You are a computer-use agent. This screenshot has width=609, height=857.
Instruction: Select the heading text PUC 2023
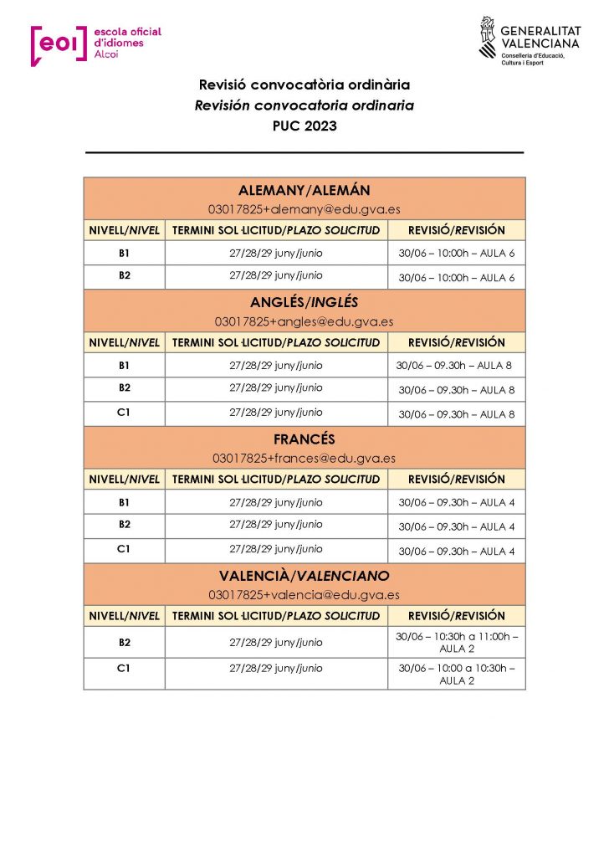point(304,126)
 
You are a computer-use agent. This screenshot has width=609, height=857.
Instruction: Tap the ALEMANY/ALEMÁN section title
point(304,191)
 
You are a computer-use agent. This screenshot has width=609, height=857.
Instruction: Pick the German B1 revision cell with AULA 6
point(457,254)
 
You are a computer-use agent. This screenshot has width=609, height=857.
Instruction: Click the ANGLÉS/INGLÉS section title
point(304,304)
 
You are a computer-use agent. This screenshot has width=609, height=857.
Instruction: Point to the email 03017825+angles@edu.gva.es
point(304,321)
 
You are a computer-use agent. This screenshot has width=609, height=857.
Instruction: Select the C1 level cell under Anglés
point(124,413)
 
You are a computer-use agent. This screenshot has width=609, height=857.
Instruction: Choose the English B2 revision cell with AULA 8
point(457,390)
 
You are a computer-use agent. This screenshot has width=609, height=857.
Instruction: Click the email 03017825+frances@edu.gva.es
point(304,458)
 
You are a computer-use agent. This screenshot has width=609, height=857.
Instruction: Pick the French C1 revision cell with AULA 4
point(457,552)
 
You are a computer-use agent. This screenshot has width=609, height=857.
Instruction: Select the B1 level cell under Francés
point(124,502)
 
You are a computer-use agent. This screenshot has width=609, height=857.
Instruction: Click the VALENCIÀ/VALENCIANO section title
point(304,577)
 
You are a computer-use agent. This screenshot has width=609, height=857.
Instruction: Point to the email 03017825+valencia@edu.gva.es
point(304,594)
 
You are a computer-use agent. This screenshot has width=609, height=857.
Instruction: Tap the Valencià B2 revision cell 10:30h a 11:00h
point(457,643)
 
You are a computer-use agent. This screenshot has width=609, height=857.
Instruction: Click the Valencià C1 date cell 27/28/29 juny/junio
point(276,669)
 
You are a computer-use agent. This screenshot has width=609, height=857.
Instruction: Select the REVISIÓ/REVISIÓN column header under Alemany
point(457,230)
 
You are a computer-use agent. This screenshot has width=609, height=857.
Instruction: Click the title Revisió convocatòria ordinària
point(304,85)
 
